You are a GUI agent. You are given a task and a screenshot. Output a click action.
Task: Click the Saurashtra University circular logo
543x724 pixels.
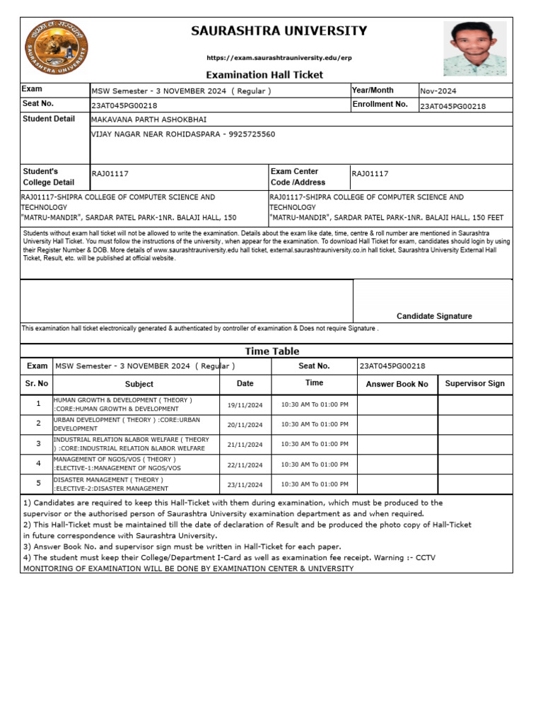coord(57,48)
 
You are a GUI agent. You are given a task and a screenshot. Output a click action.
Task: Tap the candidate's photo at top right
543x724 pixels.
coord(474,48)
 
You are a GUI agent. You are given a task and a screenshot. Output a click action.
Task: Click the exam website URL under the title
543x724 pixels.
coord(279,57)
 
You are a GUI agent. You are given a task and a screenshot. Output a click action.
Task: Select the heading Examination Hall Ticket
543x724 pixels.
coord(264,74)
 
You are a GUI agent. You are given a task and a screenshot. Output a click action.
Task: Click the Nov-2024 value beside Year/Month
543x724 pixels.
coord(438,91)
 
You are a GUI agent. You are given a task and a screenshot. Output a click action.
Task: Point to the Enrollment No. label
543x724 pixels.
coord(380,105)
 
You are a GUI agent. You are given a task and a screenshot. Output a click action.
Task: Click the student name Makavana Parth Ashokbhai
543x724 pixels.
coord(149,119)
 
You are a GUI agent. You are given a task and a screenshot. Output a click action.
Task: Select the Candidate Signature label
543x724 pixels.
coord(434,316)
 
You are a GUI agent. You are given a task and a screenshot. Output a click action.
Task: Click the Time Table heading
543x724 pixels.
coord(272,351)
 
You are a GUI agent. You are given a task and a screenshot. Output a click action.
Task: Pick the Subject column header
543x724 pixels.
coord(139,384)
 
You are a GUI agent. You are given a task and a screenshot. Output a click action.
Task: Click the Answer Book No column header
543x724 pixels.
coord(397,384)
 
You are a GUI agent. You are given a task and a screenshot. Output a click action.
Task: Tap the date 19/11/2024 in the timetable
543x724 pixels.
coord(245,405)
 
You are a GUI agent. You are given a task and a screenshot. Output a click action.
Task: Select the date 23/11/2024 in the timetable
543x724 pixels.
coord(245,485)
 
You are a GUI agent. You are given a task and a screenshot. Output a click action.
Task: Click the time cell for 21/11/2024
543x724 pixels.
coord(315,445)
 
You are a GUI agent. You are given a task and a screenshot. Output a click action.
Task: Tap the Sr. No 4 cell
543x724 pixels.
coord(38,464)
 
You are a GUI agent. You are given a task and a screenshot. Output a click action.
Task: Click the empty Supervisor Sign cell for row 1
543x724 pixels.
coord(474,404)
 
